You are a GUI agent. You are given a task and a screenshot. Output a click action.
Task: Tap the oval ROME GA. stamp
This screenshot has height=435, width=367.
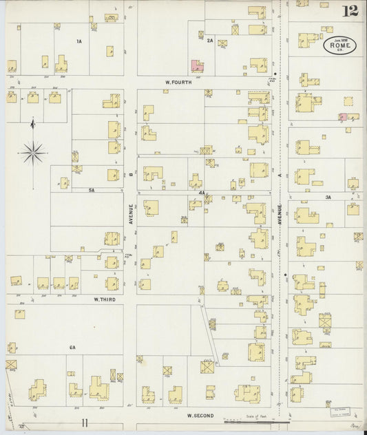[339, 45]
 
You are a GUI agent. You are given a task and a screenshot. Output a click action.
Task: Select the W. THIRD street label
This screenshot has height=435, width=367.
[105, 299]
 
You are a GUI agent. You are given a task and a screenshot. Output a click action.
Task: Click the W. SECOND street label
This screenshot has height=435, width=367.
[200, 415]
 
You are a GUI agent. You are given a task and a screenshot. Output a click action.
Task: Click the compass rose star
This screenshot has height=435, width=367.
[33, 151]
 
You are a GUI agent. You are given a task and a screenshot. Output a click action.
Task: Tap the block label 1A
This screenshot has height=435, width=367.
[79, 41]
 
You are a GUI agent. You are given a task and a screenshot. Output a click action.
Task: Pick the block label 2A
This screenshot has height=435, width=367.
[209, 41]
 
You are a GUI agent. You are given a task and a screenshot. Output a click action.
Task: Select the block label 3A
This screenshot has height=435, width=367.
[328, 198]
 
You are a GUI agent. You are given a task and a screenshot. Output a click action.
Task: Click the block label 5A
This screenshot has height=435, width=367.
[90, 189]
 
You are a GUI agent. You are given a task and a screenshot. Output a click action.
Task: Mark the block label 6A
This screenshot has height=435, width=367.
[72, 348]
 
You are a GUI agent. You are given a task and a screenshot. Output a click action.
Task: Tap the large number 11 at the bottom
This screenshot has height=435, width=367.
[84, 422]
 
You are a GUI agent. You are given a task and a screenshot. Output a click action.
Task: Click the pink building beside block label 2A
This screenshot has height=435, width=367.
[196, 65]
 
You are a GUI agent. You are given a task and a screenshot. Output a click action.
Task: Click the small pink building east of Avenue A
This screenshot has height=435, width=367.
[342, 117]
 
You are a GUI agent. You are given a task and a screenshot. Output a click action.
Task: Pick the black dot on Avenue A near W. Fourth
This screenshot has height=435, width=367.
[275, 74]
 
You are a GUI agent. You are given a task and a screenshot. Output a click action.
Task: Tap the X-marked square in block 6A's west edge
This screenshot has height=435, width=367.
[11, 363]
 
